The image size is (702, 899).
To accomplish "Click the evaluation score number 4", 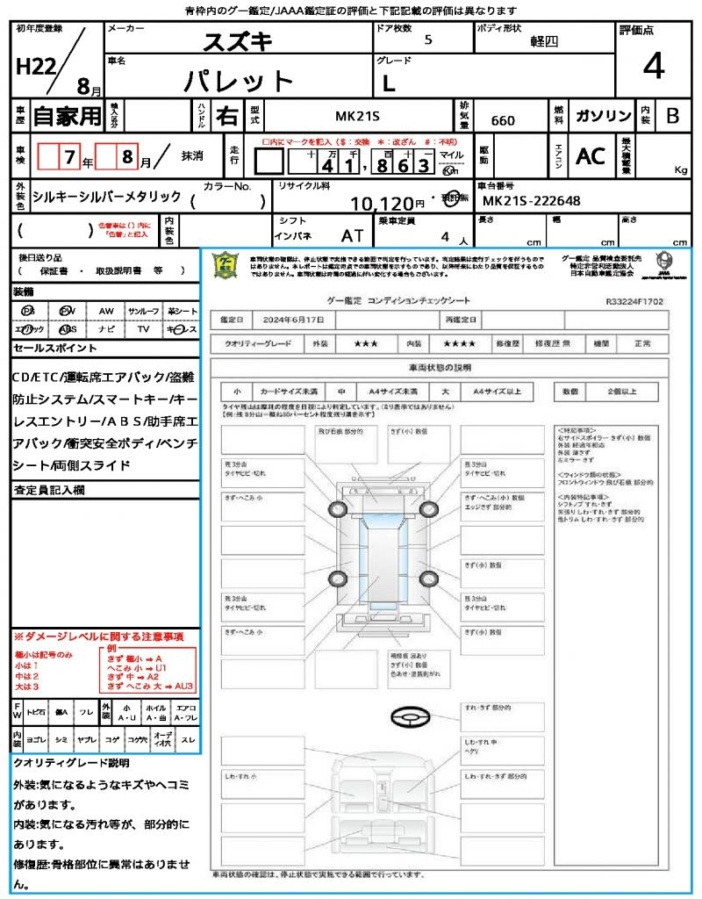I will pyautogui.click(x=654, y=67).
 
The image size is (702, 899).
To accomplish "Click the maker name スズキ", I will pyautogui.click(x=238, y=42).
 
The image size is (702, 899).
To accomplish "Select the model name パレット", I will pyautogui.click(x=238, y=82).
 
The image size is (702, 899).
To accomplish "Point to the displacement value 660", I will pyautogui.click(x=503, y=120).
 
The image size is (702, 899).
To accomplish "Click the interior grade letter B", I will pyautogui.click(x=672, y=116).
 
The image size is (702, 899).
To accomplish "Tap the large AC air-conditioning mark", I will pyautogui.click(x=591, y=156).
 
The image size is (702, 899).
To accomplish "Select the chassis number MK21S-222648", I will pyautogui.click(x=532, y=201).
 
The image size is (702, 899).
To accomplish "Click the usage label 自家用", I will pyautogui.click(x=68, y=116).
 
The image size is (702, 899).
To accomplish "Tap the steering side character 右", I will pyautogui.click(x=227, y=116).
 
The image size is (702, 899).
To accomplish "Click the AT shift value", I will pyautogui.click(x=352, y=235).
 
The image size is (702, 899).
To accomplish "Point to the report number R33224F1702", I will pyautogui.click(x=634, y=300).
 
